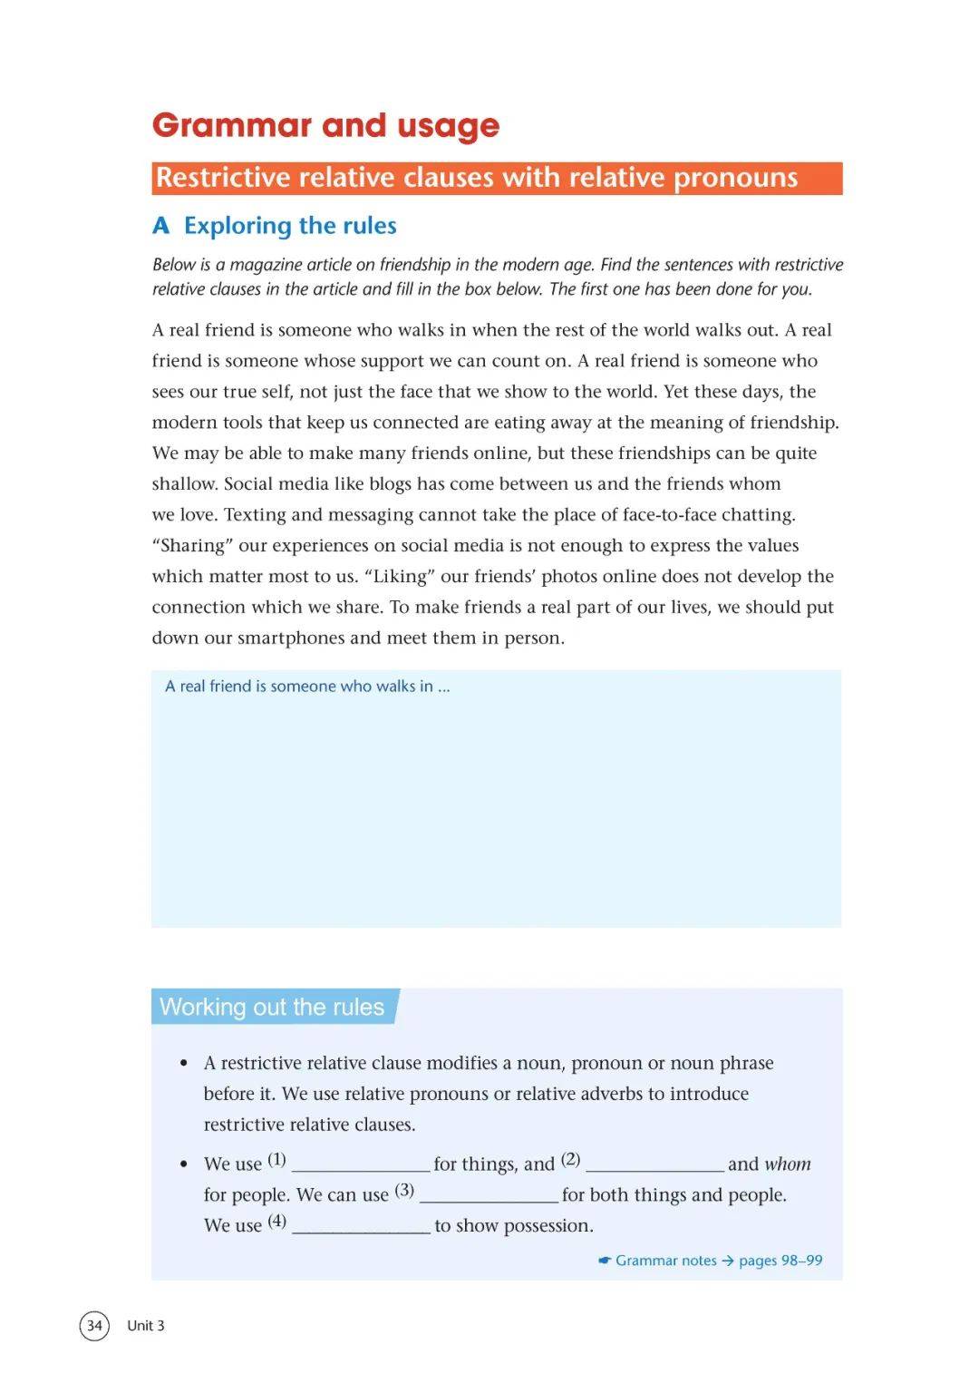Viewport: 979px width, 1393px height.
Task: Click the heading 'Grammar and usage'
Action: click(325, 125)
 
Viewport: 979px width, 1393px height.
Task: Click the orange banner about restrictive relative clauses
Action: click(497, 178)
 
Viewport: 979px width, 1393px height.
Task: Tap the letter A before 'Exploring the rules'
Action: click(161, 226)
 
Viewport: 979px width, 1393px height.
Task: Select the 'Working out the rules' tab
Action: click(272, 1007)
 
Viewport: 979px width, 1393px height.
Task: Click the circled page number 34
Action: click(94, 1325)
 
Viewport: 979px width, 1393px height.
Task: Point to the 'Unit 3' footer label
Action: click(146, 1325)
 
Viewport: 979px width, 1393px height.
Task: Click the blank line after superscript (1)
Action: click(361, 1164)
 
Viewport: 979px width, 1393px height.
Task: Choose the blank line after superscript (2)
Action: click(654, 1164)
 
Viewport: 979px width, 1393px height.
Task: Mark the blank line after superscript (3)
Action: click(489, 1195)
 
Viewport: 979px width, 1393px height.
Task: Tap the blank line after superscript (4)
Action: click(361, 1226)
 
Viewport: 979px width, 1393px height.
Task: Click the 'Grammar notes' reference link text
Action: click(665, 1261)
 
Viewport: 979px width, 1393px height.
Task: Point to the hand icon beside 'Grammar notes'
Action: click(605, 1261)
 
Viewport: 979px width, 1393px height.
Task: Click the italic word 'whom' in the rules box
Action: click(788, 1164)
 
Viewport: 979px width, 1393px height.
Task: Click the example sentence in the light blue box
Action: click(307, 687)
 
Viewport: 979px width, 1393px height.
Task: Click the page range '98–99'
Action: click(801, 1261)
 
